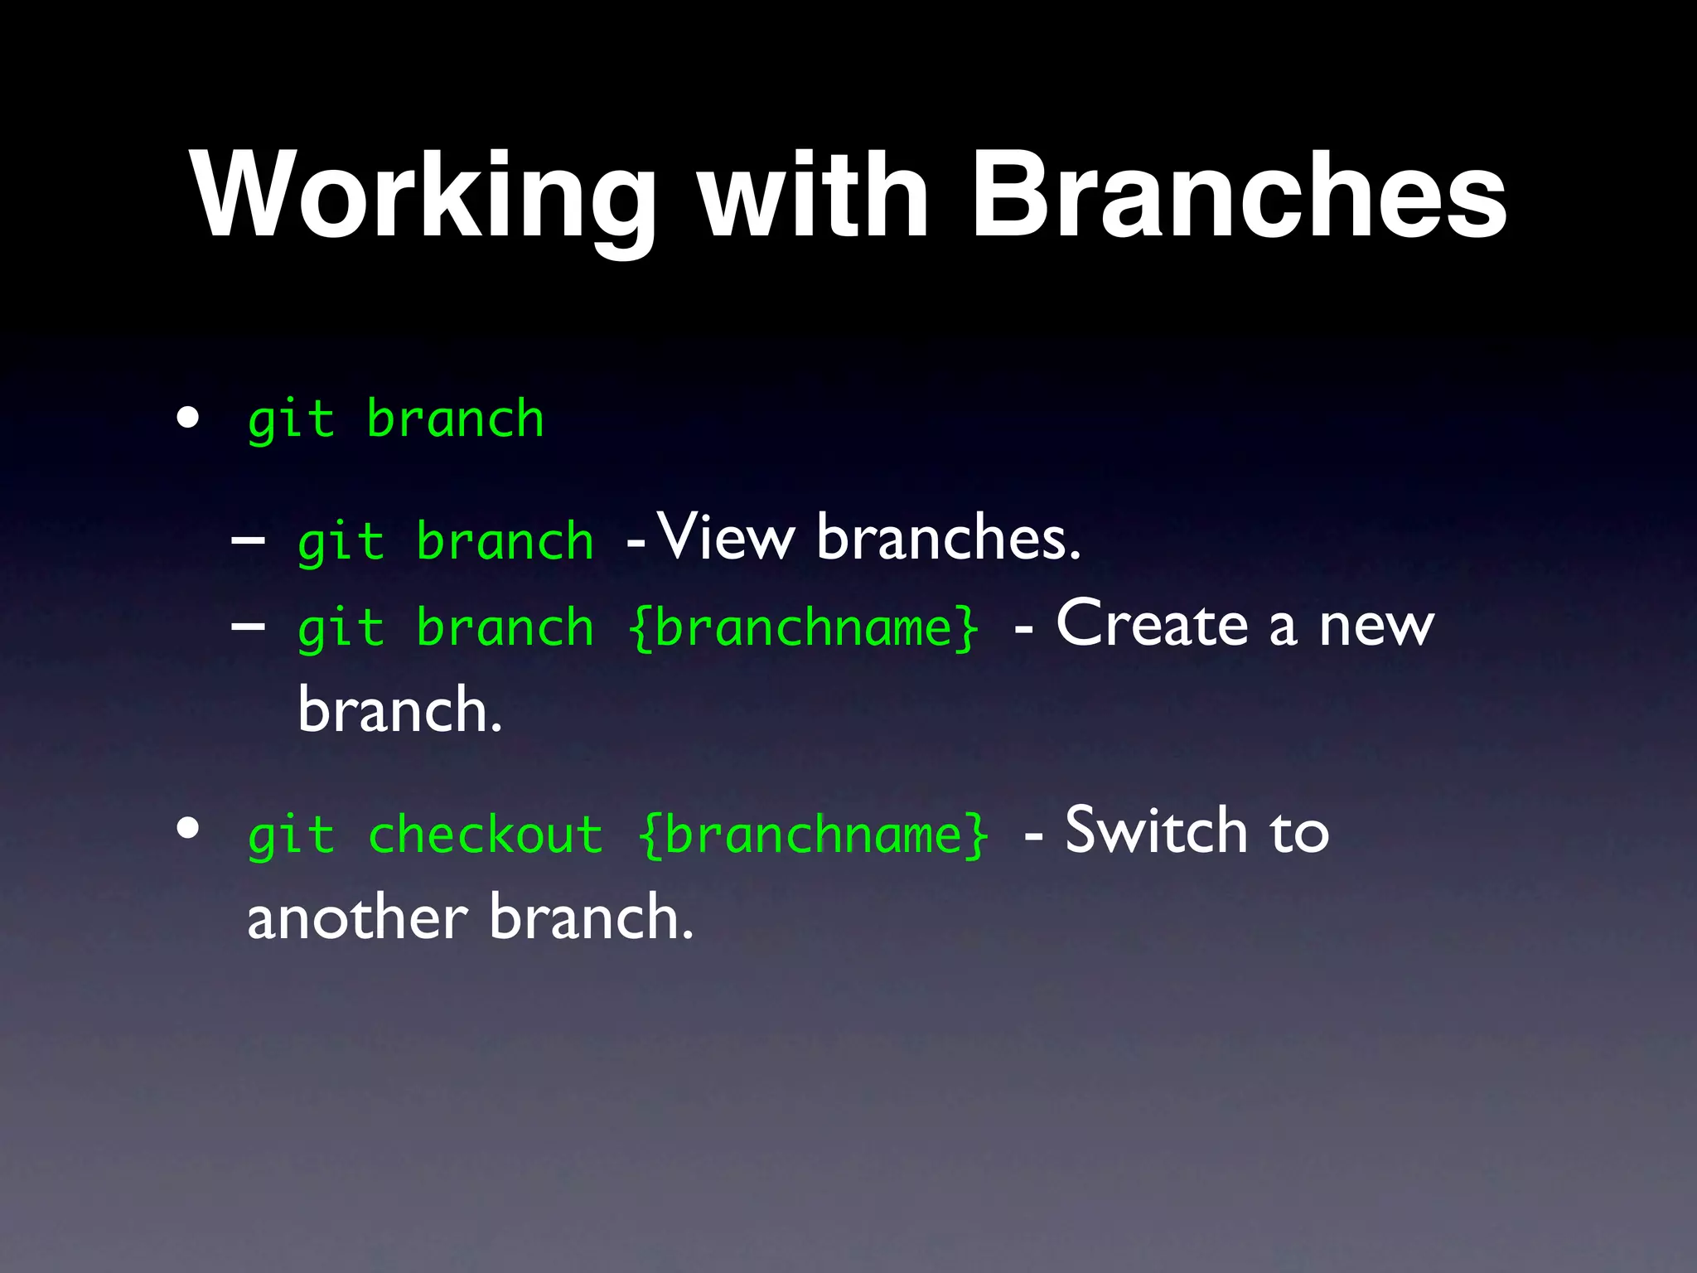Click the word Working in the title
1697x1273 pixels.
tap(423, 196)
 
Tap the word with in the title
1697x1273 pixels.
tap(813, 196)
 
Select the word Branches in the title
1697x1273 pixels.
tap(1238, 196)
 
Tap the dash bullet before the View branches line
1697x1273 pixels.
tap(248, 540)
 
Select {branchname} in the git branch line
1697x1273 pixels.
tap(805, 627)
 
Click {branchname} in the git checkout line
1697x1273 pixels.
tap(815, 834)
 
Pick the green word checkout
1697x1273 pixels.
tap(486, 834)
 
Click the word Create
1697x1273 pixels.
tap(1152, 623)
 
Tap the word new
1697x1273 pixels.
tap(1375, 626)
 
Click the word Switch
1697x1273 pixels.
tap(1156, 830)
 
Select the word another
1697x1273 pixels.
tap(357, 918)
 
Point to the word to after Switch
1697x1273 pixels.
tap(1298, 832)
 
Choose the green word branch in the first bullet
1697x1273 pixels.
tap(455, 419)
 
